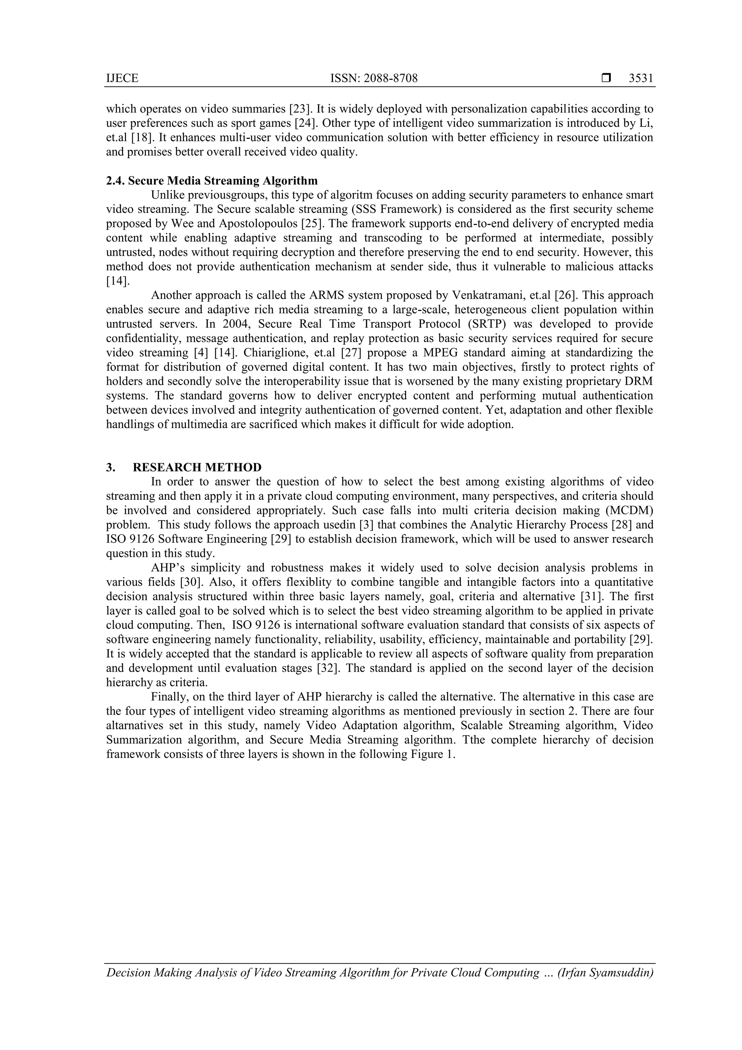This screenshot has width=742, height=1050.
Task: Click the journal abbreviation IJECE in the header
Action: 122,79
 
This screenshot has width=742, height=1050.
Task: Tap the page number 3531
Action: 641,79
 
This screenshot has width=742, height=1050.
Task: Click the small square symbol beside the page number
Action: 606,79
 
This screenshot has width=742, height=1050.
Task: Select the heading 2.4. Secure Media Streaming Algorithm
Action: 212,180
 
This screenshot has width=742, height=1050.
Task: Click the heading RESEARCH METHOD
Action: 197,468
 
